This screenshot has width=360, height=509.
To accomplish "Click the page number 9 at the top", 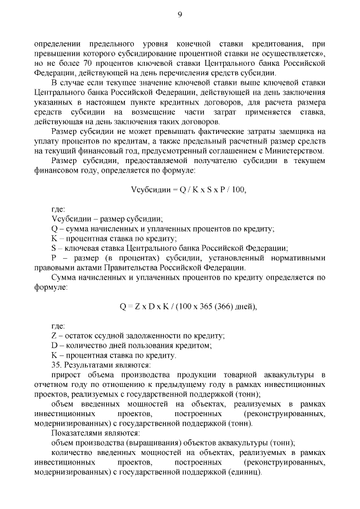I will pyautogui.click(x=180, y=15).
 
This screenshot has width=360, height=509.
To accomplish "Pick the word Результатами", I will pyautogui.click(x=87, y=364).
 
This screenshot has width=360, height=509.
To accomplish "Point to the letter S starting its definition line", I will pyautogui.click(x=53, y=248).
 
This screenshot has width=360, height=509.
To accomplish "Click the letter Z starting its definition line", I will pyautogui.click(x=53, y=335).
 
